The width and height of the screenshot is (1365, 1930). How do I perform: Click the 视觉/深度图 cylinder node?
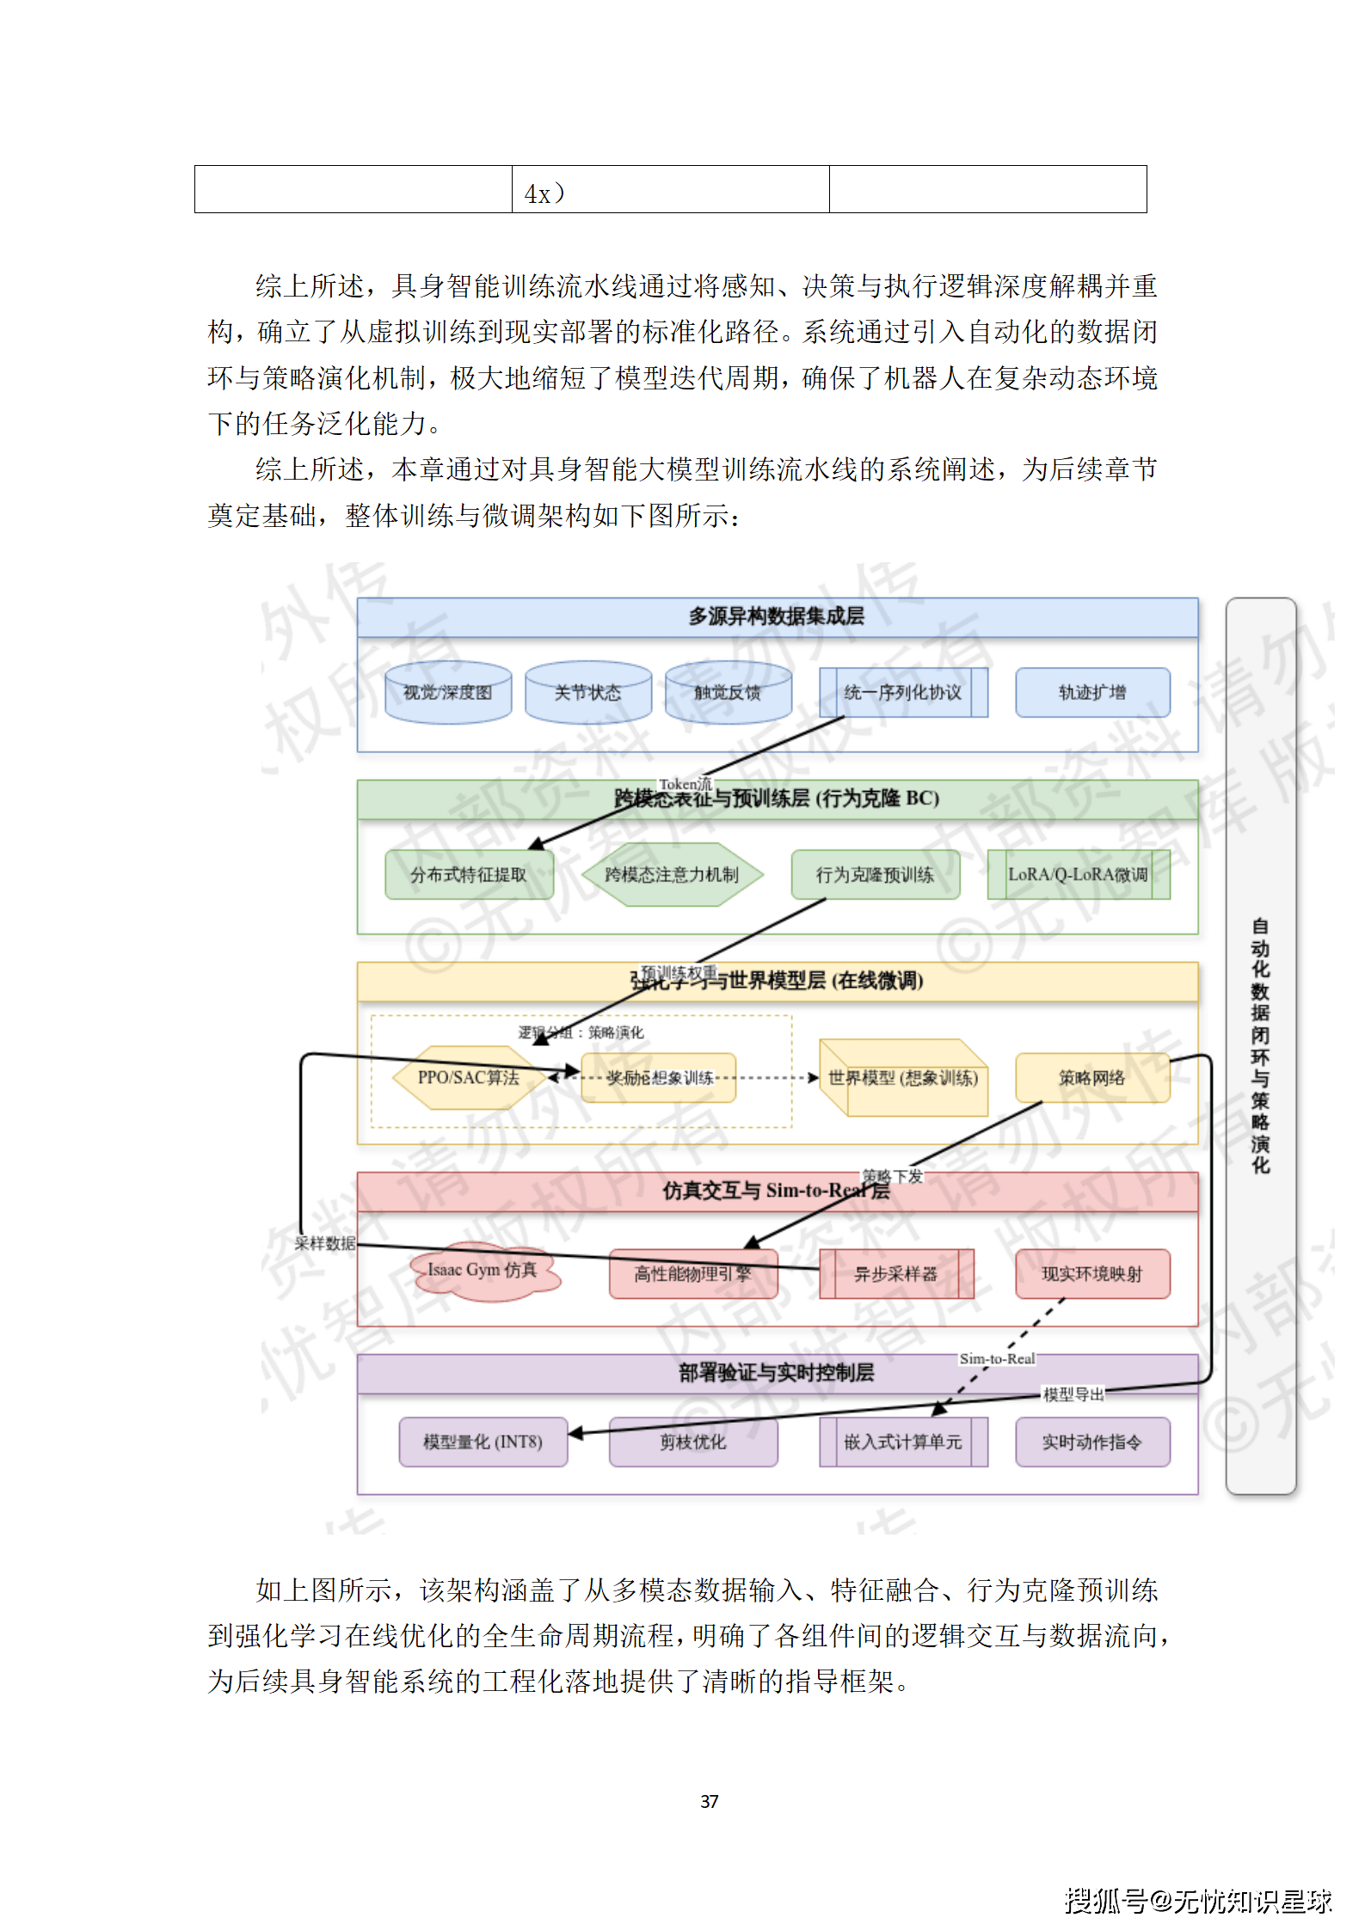coord(447,692)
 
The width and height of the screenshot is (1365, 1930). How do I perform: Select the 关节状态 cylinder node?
coord(587,692)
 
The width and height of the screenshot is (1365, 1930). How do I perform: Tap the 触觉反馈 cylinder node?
coord(728,692)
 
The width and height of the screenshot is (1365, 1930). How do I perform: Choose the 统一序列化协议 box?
coord(902,692)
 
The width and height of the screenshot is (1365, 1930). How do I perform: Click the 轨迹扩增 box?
coord(1091,692)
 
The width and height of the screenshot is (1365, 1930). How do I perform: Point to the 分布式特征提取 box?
coord(468,874)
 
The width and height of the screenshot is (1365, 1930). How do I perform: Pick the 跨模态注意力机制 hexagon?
coord(671,874)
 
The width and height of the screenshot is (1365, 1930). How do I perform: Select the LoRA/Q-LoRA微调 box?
coord(1078,874)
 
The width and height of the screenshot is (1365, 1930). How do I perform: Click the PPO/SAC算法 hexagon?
coord(468,1077)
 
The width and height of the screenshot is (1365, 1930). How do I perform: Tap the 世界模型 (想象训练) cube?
coord(902,1078)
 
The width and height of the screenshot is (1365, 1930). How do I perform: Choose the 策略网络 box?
coord(1091,1077)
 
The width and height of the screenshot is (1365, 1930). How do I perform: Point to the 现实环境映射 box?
coord(1091,1273)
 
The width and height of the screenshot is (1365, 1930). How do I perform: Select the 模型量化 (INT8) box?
coord(482,1442)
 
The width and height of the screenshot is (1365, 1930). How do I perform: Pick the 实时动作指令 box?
coord(1091,1442)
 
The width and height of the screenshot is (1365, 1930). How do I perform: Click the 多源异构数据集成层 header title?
coord(776,616)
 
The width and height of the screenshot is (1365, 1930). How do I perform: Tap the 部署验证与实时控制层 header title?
coord(776,1373)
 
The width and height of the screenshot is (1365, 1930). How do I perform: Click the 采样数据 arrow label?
coord(324,1243)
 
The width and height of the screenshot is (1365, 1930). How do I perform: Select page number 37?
coord(709,1801)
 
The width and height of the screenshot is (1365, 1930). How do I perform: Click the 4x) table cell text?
coord(544,193)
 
